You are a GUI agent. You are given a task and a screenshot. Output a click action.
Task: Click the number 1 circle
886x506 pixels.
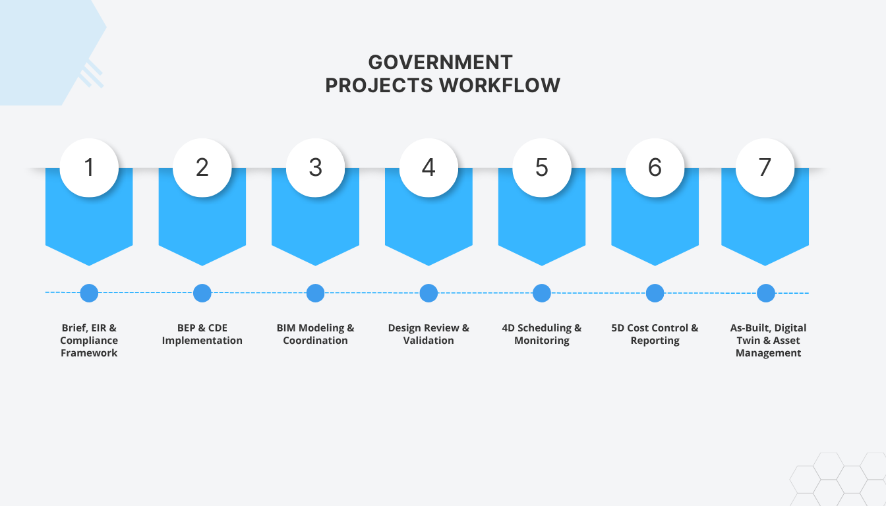pos(89,167)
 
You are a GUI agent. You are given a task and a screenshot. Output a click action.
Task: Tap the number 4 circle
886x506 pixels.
pos(428,167)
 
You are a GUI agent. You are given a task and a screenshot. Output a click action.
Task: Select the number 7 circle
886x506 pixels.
pos(765,167)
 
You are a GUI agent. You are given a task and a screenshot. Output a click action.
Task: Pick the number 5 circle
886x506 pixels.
pos(541,167)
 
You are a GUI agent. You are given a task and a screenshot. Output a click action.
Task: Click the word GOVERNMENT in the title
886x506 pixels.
pos(440,62)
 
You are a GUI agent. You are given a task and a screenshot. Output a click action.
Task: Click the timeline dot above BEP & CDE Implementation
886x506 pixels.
pos(202,293)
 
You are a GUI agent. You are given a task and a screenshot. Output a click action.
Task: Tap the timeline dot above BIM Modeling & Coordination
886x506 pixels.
pos(315,293)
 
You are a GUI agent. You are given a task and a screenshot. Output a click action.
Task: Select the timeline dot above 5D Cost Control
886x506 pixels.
pos(655,293)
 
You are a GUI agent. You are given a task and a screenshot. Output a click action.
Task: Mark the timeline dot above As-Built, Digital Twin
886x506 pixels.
pos(765,293)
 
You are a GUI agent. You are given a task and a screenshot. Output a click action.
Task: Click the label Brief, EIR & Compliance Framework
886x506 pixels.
pos(89,341)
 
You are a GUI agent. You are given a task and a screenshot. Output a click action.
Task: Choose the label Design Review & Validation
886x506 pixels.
pos(428,334)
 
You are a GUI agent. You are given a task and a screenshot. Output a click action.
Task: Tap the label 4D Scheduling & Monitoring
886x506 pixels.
pos(541,334)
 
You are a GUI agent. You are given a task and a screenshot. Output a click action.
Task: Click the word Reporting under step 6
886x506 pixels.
pos(655,341)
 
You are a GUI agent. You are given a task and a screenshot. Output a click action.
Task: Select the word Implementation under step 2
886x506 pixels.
pos(202,341)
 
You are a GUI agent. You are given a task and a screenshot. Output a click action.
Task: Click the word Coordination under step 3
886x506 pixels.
pos(315,341)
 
